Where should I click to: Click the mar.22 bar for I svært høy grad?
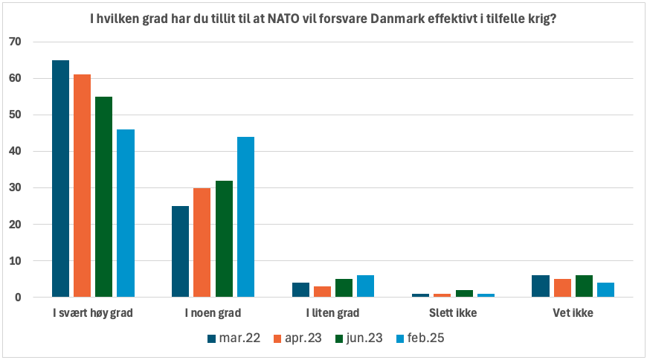[60, 179]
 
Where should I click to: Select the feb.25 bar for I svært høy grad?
[125, 213]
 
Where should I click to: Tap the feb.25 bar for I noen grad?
[245, 217]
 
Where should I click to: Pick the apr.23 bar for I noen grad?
[202, 242]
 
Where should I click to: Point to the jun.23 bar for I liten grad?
[344, 288]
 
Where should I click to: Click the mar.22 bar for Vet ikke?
[541, 286]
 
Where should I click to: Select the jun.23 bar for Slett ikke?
[464, 294]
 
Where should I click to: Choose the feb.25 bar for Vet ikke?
[605, 290]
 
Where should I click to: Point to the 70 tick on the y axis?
[16, 42]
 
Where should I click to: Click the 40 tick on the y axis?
[16, 151]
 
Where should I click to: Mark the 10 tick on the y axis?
[16, 261]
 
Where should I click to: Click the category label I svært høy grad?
[93, 313]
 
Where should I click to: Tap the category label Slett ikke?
[453, 313]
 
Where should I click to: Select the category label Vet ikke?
[573, 313]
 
